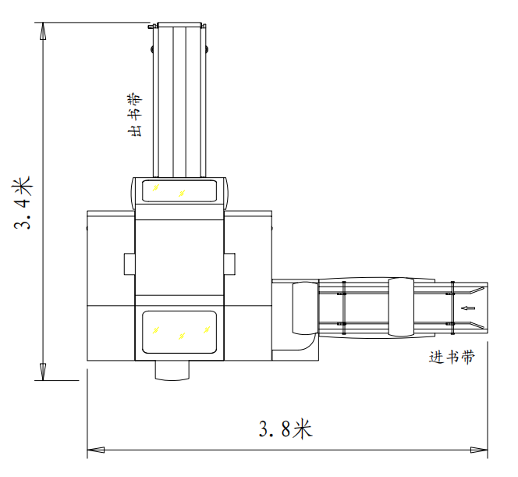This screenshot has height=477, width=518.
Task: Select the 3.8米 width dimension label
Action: [x=286, y=429]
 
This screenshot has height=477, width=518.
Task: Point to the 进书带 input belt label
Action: [x=452, y=357]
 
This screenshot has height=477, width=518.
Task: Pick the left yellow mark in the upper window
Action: [x=155, y=189]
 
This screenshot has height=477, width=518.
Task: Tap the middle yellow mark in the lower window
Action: [x=182, y=336]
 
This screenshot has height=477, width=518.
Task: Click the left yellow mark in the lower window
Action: [x=156, y=330]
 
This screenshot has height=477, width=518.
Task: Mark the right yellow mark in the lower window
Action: [x=207, y=330]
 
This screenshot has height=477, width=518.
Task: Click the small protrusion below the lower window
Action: [x=172, y=370]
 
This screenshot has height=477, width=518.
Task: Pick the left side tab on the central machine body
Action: [x=129, y=265]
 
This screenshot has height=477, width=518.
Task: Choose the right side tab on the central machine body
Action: [x=229, y=265]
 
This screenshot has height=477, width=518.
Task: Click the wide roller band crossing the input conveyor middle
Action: [x=399, y=308]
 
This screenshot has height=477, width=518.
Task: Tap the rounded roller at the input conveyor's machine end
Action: [x=303, y=308]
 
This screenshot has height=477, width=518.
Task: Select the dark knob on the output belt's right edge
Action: [x=208, y=52]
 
